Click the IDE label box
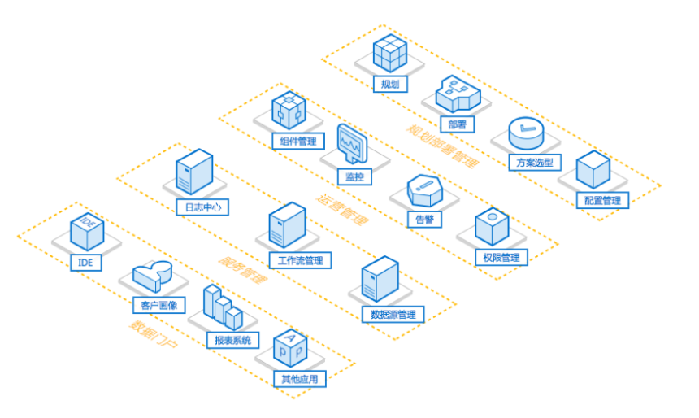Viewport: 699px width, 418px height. tap(86, 263)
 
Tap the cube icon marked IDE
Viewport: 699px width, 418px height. tap(87, 232)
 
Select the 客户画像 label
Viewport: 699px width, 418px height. tap(159, 305)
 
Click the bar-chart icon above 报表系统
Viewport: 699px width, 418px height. tap(223, 307)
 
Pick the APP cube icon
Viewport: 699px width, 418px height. tap(290, 349)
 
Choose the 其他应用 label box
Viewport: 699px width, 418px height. tap(300, 379)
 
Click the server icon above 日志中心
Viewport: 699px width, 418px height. tap(194, 172)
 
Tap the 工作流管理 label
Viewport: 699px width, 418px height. tap(301, 260)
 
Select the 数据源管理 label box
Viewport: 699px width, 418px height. tap(393, 314)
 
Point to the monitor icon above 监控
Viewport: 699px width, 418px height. tap(353, 144)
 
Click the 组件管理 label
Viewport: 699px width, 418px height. tap(298, 141)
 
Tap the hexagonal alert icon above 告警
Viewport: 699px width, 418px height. tap(425, 190)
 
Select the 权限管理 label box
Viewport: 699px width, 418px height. tap(501, 258)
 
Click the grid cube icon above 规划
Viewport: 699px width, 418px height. tap(390, 53)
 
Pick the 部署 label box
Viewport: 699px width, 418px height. tap(458, 124)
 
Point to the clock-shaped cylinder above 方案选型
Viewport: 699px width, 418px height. tap(527, 133)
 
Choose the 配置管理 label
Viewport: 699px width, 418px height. tap(602, 200)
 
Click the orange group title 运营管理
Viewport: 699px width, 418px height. tap(342, 209)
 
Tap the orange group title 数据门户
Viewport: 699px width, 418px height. tap(154, 334)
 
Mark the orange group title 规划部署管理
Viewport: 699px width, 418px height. tap(443, 146)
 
